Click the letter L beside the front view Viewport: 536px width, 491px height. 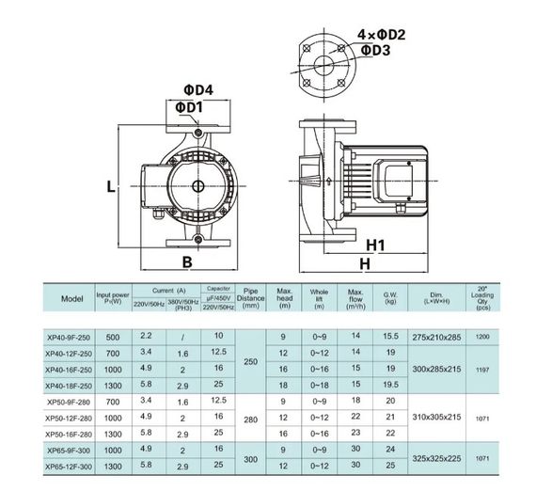(x=110, y=187)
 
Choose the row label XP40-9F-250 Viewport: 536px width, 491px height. (x=70, y=336)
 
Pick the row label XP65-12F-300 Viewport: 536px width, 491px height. (x=70, y=467)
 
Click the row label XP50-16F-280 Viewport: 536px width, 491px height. (x=70, y=433)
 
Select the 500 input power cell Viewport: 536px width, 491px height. (x=113, y=336)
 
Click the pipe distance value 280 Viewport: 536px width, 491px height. (x=249, y=417)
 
